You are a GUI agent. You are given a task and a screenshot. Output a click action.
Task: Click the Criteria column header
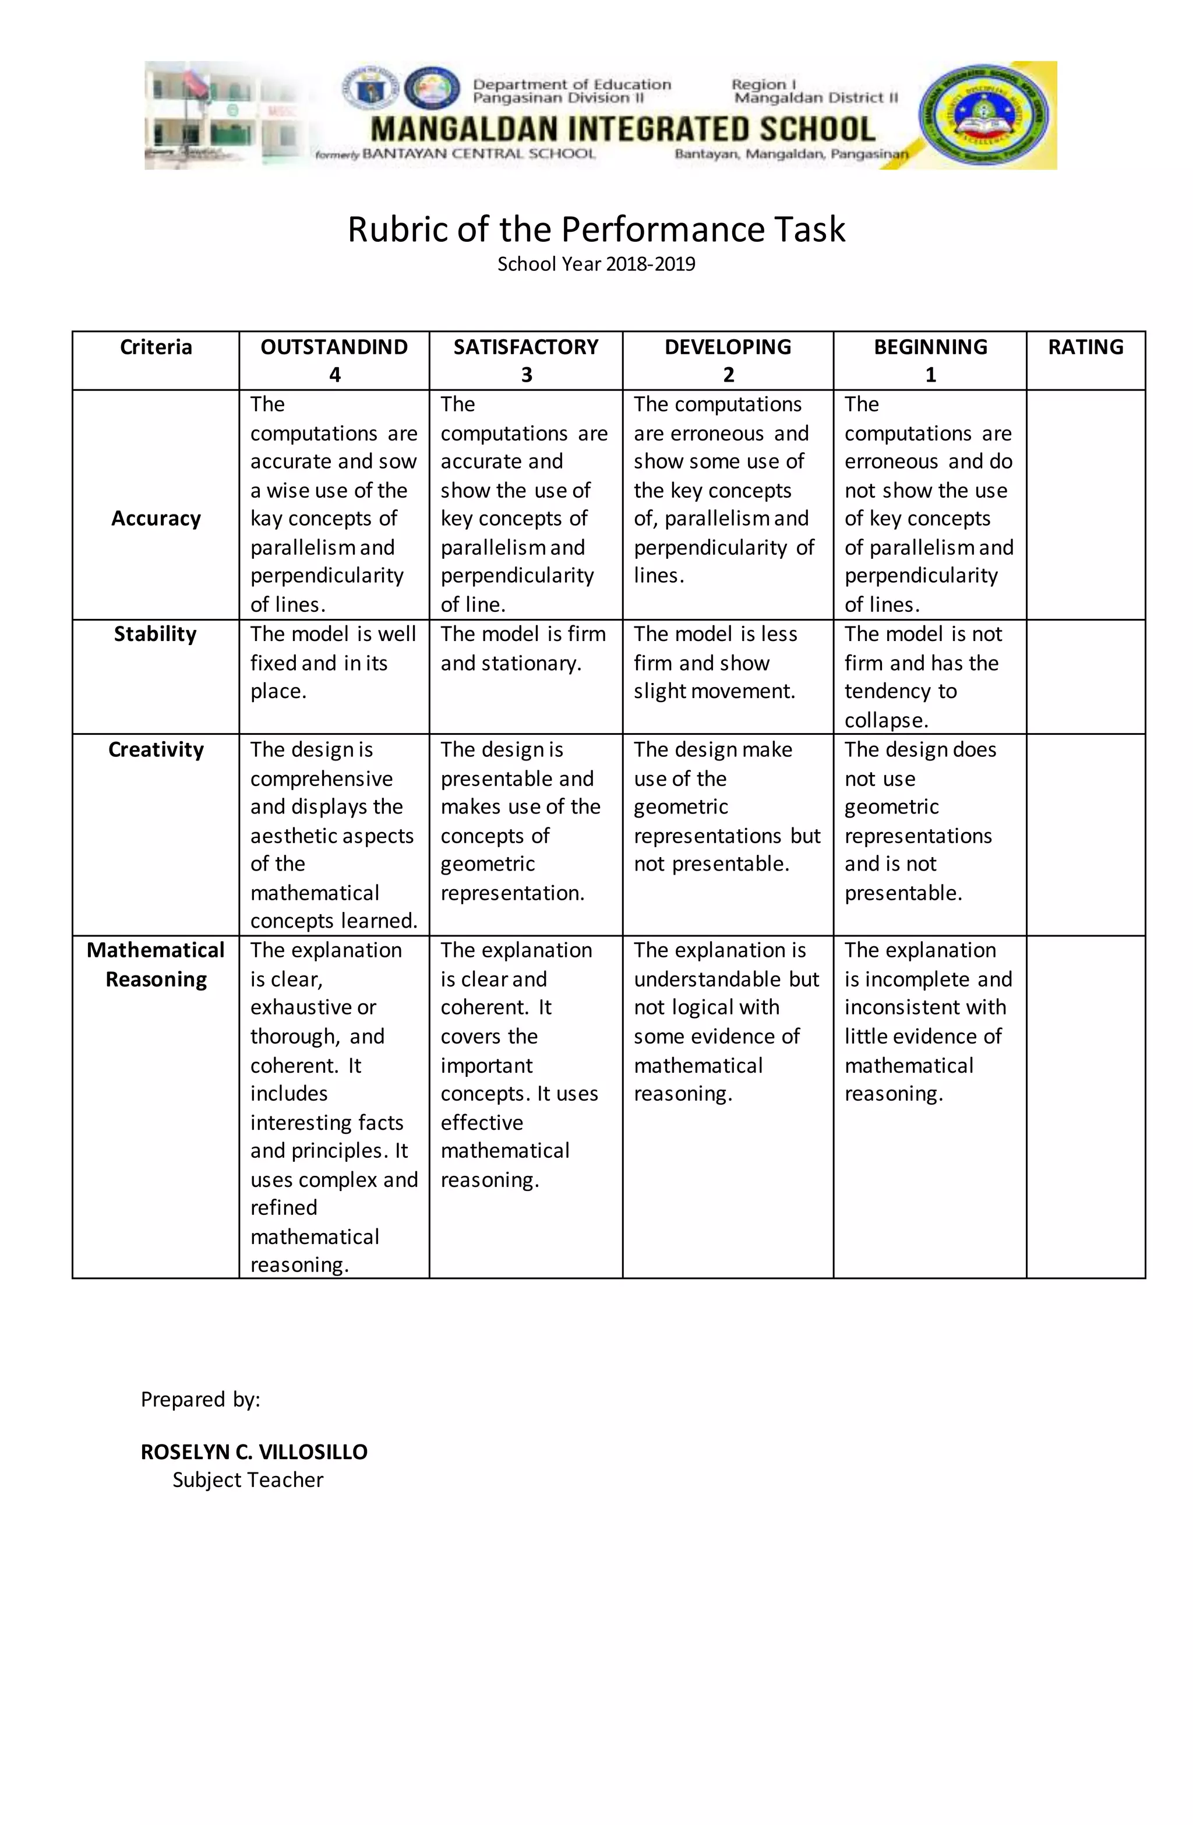pos(156,347)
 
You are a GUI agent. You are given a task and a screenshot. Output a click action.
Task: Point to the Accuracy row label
pos(156,519)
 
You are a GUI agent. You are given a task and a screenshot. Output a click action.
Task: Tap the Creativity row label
pos(156,750)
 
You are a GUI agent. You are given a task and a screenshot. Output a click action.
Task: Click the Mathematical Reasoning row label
pos(156,964)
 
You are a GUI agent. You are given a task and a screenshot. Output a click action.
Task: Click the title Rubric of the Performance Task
pos(596,229)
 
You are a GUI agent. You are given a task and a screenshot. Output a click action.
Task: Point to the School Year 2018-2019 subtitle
pos(596,265)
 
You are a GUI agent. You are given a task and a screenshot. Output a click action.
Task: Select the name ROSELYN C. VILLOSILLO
pos(254,1451)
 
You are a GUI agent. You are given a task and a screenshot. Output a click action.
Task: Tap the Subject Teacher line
pos(248,1480)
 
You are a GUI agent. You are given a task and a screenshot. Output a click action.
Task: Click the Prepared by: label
pos(200,1400)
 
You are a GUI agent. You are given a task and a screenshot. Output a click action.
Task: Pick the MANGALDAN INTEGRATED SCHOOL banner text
pos(623,129)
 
